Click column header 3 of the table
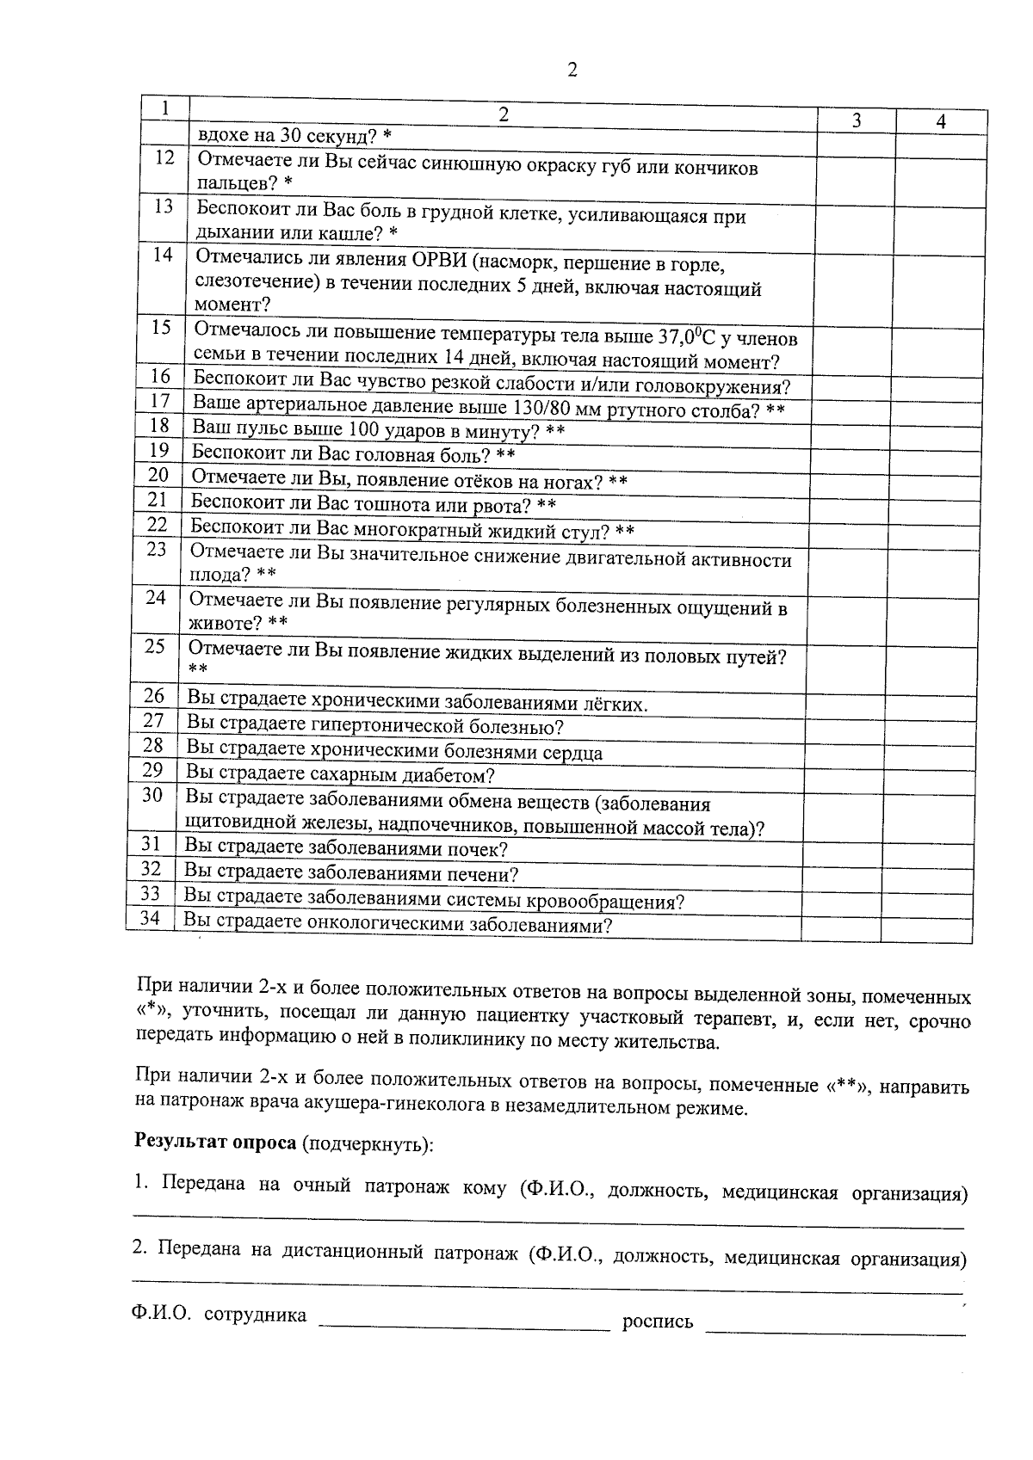(856, 121)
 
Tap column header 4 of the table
(940, 122)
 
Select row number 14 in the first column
(162, 255)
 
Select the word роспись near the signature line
(658, 1321)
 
